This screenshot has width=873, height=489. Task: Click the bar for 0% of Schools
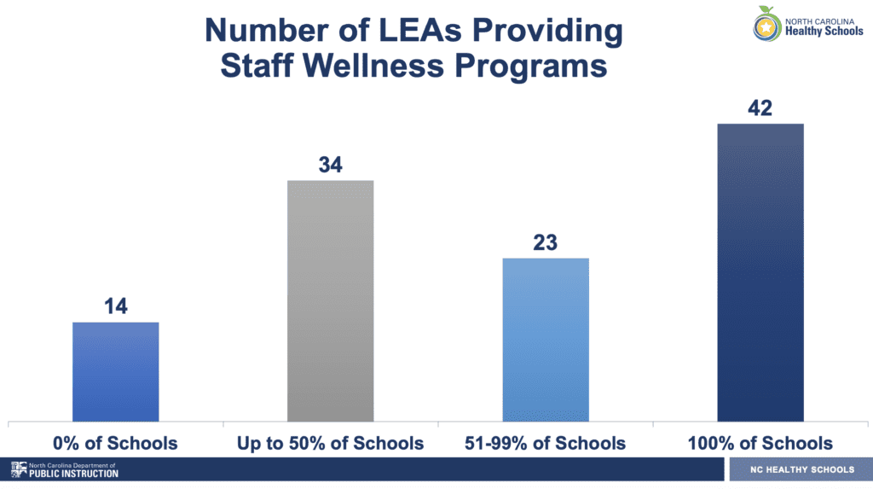[x=116, y=371]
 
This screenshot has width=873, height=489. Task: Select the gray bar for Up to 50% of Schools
[x=331, y=300]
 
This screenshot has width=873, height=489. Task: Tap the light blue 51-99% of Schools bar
[x=546, y=339]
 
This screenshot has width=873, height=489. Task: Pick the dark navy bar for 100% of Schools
[x=760, y=272]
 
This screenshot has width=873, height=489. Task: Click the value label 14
[x=116, y=306]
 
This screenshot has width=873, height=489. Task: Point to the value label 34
[x=331, y=165]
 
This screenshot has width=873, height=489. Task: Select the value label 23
[x=546, y=242]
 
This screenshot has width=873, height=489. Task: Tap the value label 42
[x=760, y=108]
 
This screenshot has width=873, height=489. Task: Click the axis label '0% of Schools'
[x=116, y=443]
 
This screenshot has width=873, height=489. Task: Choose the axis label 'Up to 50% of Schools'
[x=331, y=443]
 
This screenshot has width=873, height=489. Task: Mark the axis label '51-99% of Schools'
[x=546, y=443]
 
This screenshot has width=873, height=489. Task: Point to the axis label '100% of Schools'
[x=760, y=443]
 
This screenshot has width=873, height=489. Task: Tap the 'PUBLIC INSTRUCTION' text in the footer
[x=74, y=474]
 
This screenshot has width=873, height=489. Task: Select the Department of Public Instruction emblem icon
[x=18, y=469]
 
